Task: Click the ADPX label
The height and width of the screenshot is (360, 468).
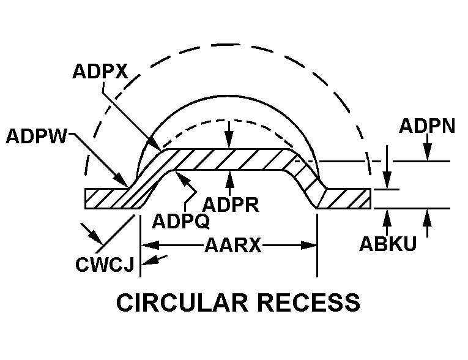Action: pos(100,72)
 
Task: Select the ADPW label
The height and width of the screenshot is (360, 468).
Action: pos(37,135)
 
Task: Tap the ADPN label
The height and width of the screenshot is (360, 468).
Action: pos(426,126)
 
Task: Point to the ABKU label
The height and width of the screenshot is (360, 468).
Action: pos(388,244)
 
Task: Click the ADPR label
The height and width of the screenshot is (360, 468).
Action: pos(231,204)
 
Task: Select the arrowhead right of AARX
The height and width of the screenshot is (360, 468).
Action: pos(311,246)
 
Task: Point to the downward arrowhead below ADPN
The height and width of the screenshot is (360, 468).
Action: pos(427,156)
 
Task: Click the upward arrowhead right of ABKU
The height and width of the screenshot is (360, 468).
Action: pos(427,215)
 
